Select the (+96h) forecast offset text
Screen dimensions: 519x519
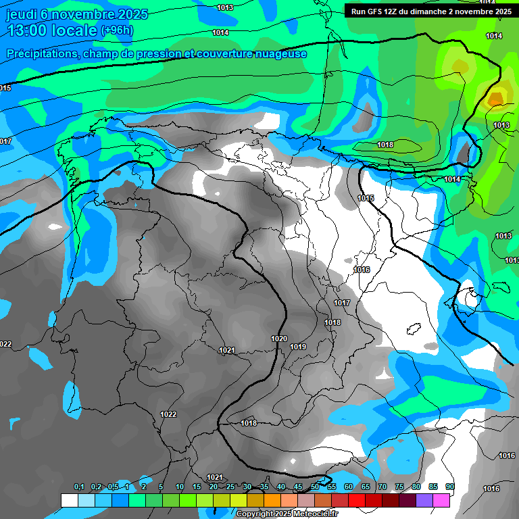(117, 30)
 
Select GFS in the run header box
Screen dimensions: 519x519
(376, 11)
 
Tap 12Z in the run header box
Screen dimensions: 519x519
(395, 11)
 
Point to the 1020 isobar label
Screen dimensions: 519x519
(279, 339)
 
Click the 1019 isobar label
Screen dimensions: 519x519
(298, 347)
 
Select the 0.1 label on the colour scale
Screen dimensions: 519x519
(79, 487)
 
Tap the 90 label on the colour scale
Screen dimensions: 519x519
(449, 487)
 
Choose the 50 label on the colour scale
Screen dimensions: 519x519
(314, 487)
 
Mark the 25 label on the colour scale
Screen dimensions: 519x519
(230, 487)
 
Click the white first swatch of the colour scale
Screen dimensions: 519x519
(69, 500)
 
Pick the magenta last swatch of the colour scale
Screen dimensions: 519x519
(441, 500)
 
